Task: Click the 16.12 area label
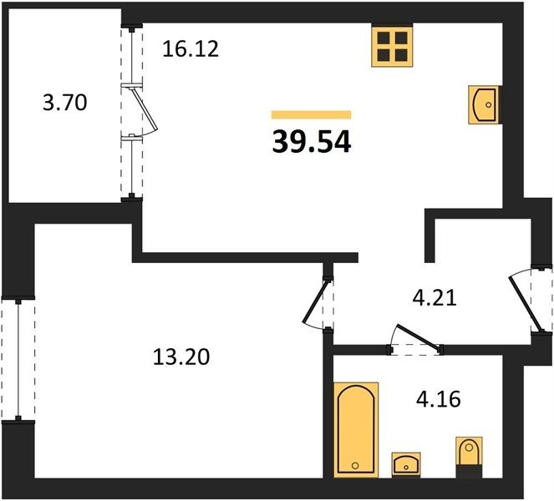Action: pos(191,49)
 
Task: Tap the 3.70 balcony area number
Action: pos(65,103)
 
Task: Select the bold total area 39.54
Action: pos(312,141)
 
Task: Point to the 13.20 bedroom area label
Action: pos(181,357)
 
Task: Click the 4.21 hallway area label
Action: pos(435,297)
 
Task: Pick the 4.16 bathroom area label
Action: pos(439,399)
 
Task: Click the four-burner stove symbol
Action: pos(392,46)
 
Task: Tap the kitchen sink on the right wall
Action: pos(484,104)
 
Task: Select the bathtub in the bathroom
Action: pos(356,430)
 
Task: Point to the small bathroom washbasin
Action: pos(406,464)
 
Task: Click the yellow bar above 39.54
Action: pos(312,114)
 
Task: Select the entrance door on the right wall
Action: pos(526,303)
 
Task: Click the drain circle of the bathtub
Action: pos(355,466)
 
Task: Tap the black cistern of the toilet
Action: pos(469,471)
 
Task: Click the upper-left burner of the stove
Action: pos(384,38)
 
